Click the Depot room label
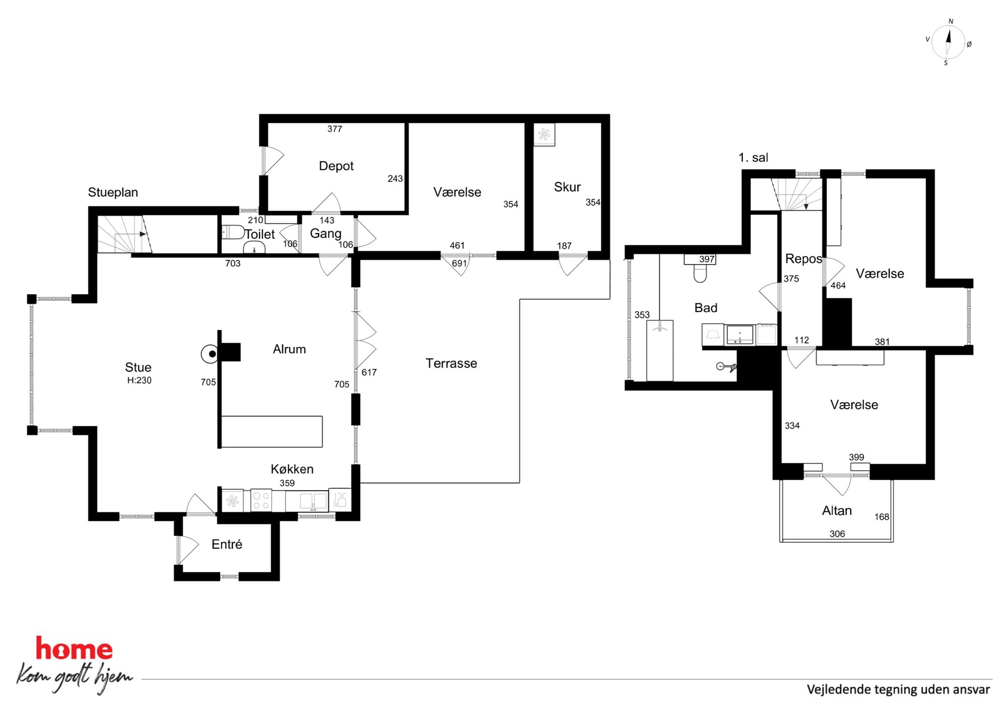pos(336,166)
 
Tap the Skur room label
pos(567,187)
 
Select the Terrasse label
pos(451,363)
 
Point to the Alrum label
pos(289,349)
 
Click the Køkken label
pos(292,469)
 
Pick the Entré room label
pos(227,544)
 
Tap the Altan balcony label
pos(837,510)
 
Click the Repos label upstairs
pos(803,259)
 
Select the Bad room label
pos(706,308)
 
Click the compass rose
pos(948,42)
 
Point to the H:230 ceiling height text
pos(139,380)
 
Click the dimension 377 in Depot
pos(335,129)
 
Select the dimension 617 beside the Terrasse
pos(369,372)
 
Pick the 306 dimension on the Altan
pos(837,534)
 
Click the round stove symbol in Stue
pos(210,354)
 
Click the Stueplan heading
pos(113,192)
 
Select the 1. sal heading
pos(753,158)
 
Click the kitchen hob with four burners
pos(261,500)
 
